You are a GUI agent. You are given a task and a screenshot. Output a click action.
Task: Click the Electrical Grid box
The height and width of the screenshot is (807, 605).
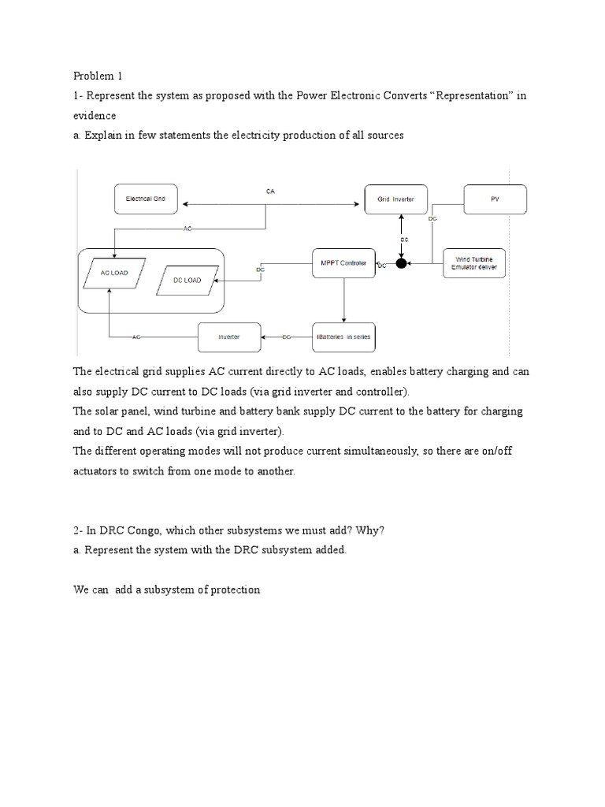click(x=146, y=200)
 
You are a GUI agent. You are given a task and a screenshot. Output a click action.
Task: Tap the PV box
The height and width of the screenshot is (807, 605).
click(x=494, y=200)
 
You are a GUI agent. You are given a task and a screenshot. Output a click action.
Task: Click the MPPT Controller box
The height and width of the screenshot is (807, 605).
click(x=343, y=263)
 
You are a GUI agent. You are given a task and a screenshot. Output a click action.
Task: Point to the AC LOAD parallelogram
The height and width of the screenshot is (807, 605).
click(x=109, y=273)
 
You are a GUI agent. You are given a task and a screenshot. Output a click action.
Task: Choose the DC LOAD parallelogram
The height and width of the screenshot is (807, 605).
click(x=187, y=280)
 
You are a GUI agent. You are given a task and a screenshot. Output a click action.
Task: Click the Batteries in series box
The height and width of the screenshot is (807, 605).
click(x=343, y=337)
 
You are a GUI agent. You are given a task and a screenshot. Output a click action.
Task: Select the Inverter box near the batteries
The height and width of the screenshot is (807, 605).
click(x=228, y=337)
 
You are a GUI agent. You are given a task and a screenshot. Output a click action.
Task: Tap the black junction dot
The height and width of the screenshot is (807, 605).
click(x=401, y=263)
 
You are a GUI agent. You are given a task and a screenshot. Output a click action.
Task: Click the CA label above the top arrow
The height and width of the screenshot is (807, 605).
click(x=270, y=192)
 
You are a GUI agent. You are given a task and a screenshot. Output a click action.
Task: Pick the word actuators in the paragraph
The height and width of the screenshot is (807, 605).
click(x=98, y=470)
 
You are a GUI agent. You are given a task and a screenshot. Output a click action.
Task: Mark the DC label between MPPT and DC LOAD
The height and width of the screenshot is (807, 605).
click(x=261, y=270)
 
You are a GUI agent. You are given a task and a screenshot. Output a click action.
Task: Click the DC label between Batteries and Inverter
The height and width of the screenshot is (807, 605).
click(x=288, y=337)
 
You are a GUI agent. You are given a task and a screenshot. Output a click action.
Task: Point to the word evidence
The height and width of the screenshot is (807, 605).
click(x=95, y=115)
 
